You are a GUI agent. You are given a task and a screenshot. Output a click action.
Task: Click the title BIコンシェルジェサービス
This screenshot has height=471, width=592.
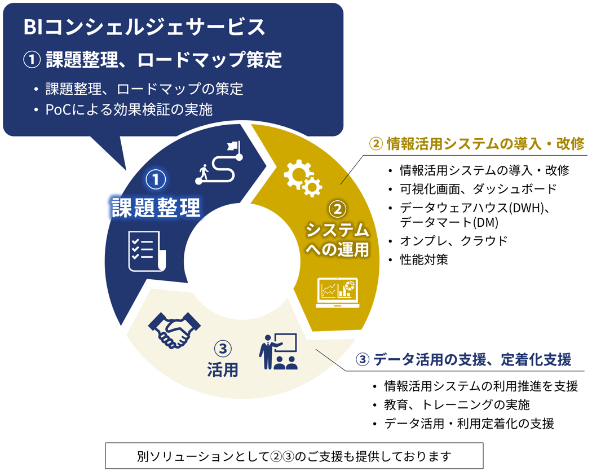(144, 27)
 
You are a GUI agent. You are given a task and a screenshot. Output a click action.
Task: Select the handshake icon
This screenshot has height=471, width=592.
(174, 329)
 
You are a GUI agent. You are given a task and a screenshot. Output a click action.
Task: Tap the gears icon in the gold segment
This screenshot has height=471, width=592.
(303, 178)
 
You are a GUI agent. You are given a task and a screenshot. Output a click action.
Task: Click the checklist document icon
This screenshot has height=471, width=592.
(147, 251)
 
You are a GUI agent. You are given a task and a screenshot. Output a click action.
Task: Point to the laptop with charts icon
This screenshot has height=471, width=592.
(337, 293)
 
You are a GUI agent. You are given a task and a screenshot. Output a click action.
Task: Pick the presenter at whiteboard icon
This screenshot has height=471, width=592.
(279, 351)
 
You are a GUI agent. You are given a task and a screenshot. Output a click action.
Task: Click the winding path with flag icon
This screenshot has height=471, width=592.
(219, 162)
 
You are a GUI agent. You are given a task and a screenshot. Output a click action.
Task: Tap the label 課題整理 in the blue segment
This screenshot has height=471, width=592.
(156, 208)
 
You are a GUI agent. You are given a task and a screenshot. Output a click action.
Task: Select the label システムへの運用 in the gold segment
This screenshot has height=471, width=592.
(337, 240)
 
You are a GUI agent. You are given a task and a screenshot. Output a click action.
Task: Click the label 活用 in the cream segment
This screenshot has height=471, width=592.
(222, 369)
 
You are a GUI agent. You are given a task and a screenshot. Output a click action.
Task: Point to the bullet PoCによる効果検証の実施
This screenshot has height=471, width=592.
(129, 109)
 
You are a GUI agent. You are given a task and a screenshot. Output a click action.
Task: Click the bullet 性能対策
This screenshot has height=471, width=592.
(423, 259)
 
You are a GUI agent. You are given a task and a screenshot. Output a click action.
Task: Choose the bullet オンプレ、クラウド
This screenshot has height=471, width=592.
(453, 241)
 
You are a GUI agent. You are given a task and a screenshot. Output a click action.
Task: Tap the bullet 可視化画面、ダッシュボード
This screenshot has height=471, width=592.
(478, 188)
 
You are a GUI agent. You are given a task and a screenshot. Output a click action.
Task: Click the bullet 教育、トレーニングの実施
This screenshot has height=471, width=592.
(457, 404)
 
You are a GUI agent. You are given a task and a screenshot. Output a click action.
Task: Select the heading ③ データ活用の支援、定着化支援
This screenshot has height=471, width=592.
(463, 359)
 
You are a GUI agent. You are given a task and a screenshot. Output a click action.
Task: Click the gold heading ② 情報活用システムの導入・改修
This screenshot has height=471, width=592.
(476, 144)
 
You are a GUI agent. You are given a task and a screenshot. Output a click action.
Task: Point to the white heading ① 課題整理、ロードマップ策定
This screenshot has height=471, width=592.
(153, 60)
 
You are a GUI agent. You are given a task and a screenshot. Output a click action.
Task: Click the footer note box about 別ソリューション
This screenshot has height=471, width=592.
(294, 456)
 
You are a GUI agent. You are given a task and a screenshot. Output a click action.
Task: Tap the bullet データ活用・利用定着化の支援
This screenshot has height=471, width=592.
(469, 424)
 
